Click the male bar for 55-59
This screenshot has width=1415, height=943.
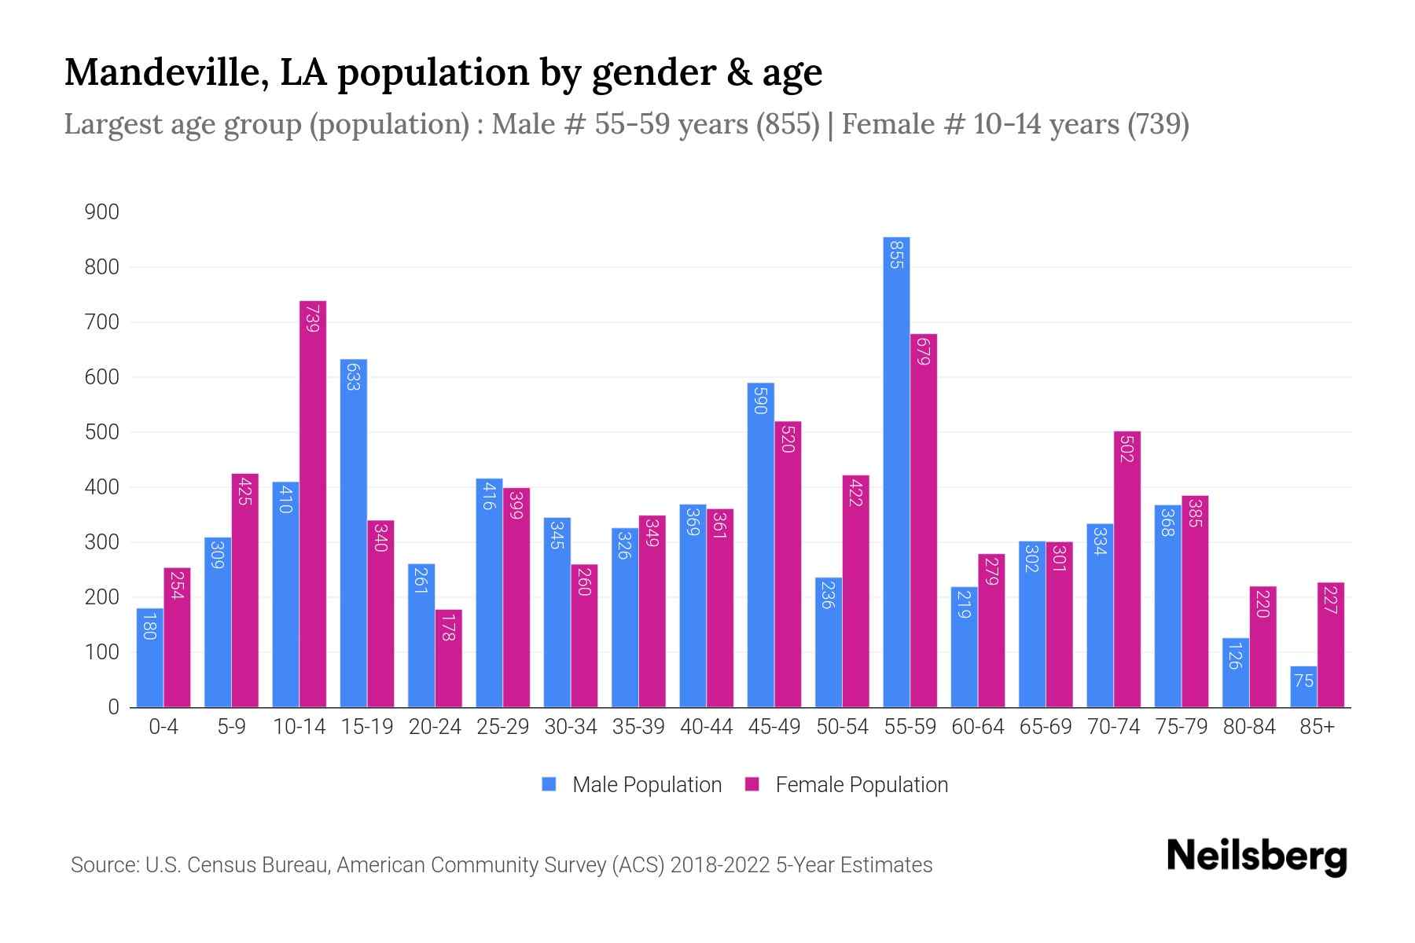tap(896, 472)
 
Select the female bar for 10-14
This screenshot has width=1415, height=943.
tap(313, 503)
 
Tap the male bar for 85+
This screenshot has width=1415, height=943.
tap(1303, 687)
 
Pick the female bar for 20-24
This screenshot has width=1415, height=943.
tap(448, 659)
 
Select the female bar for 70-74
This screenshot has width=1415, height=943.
tap(1127, 569)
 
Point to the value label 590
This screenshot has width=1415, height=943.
tap(760, 400)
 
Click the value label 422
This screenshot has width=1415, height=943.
tap(856, 492)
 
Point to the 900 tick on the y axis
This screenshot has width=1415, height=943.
tap(102, 212)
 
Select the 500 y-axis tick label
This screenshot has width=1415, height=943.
tap(102, 432)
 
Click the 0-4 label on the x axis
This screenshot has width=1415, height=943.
tap(164, 727)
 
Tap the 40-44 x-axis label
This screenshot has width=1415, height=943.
tap(706, 727)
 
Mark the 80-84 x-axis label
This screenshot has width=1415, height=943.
tap(1249, 727)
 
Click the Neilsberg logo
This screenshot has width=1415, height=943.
tap(1256, 857)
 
